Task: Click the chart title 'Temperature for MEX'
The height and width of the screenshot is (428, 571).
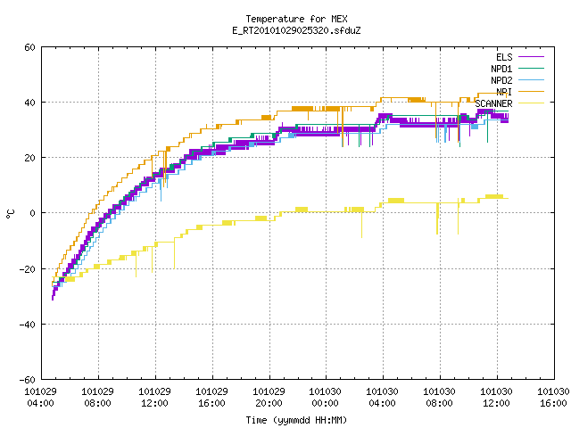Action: (x=296, y=19)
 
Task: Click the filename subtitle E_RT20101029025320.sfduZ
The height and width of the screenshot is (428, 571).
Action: (x=296, y=30)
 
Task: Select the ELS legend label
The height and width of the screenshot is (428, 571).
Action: (x=504, y=57)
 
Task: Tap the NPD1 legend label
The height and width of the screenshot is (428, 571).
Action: (x=501, y=69)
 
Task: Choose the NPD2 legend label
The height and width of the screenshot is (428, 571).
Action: (x=501, y=80)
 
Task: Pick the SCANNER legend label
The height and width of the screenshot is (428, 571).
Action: (x=493, y=103)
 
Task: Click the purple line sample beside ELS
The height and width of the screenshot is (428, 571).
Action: (x=531, y=57)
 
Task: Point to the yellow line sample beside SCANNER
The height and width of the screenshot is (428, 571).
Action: (x=531, y=103)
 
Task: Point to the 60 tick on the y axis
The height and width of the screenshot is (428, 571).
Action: (x=29, y=47)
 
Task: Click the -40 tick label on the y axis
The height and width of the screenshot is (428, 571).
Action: (x=28, y=325)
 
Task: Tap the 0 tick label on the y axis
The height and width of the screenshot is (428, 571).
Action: (x=33, y=213)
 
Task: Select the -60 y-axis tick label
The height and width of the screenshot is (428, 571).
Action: (x=28, y=380)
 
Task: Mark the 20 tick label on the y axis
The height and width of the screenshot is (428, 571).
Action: (x=29, y=158)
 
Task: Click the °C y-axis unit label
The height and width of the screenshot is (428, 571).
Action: (x=11, y=214)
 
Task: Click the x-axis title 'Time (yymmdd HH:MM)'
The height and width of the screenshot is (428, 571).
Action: (x=296, y=420)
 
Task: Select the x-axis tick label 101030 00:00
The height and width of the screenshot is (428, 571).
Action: (x=325, y=398)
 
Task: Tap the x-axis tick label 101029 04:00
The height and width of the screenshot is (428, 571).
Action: (x=40, y=398)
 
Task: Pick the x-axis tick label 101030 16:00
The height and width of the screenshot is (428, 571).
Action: (x=553, y=398)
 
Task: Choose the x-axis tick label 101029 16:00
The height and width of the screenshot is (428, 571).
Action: (x=212, y=398)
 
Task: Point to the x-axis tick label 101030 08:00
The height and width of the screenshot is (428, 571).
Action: (x=440, y=398)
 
